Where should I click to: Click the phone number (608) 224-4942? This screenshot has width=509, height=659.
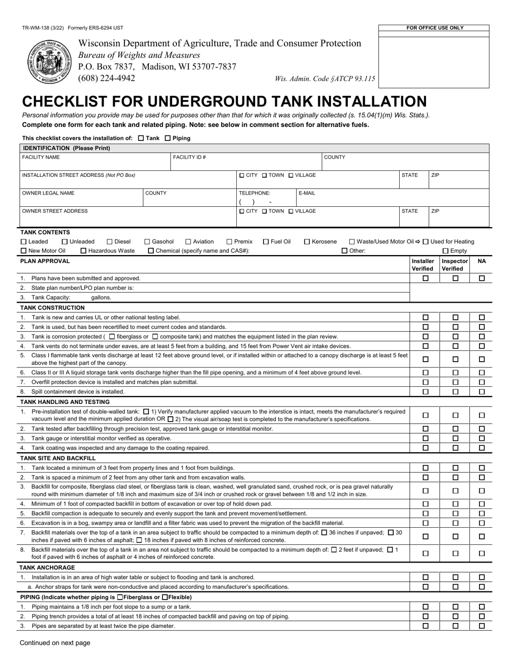pos(107,78)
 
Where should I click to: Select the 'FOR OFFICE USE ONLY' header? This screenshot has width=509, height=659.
pos(435,28)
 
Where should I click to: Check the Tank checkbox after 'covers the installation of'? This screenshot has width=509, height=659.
pos(141,138)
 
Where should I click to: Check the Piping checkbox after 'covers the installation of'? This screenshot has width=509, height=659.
pos(167,138)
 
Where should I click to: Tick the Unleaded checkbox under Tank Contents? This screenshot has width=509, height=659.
pos(65,242)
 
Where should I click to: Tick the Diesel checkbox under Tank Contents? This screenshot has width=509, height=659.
pos(110,242)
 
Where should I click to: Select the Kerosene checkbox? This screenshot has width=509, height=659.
pos(307,242)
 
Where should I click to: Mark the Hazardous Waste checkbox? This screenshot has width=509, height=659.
pos(83,251)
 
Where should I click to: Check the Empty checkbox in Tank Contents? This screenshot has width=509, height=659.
pos(445,251)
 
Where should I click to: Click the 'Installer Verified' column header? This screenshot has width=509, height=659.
pos(423,265)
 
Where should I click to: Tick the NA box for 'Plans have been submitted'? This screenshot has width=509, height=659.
pos(482,279)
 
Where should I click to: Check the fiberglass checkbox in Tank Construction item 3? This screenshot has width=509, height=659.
pos(111,336)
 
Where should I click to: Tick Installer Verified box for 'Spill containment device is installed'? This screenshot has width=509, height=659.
pos(426,392)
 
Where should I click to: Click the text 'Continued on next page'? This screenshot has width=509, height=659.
pos(55,643)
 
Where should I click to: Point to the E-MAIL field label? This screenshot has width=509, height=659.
pos(307,193)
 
